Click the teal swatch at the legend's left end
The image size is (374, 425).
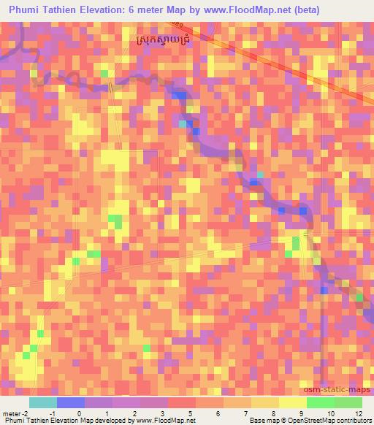(43, 402)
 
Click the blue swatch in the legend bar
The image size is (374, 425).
(71, 402)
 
